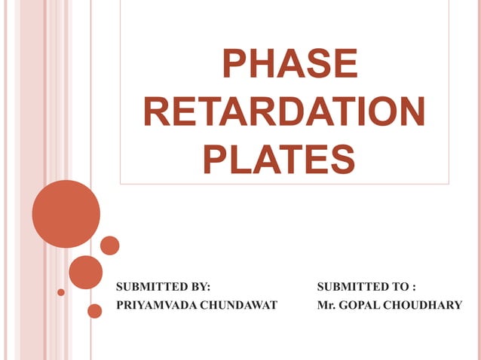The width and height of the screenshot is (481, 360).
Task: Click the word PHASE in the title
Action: tap(289, 65)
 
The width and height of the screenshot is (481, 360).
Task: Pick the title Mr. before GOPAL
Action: tap(326, 304)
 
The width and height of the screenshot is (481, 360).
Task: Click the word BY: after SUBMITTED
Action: tap(199, 286)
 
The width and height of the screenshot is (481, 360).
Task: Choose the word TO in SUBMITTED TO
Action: tap(400, 286)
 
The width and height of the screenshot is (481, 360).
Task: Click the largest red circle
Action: tap(66, 214)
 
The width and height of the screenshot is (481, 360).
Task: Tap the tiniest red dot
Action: tap(61, 292)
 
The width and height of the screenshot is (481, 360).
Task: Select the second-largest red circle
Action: tap(85, 272)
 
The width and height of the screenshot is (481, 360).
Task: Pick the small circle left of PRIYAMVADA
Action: tap(95, 310)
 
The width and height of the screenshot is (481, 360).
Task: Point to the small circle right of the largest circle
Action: tap(110, 246)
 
